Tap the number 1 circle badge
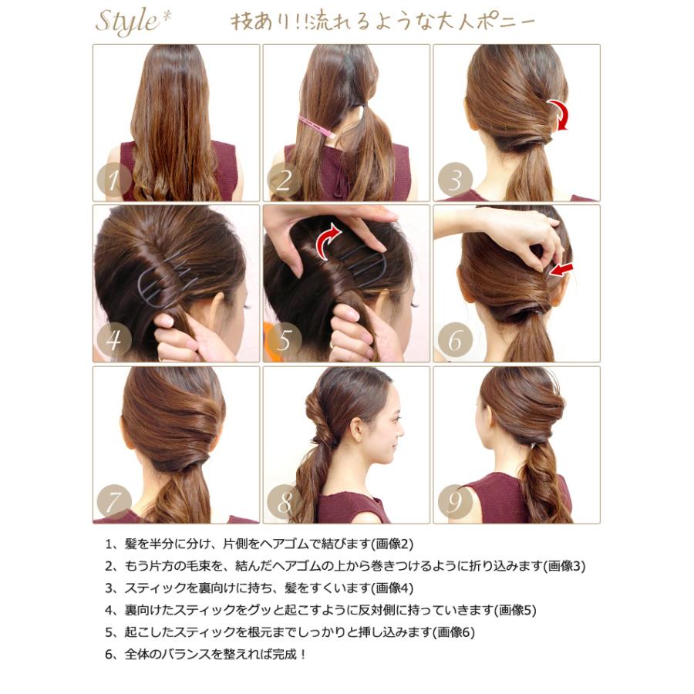pyautogui.click(x=114, y=181)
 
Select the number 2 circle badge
pyautogui.click(x=285, y=181)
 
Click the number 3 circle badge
pyautogui.click(x=455, y=181)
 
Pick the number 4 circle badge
pyautogui.click(x=114, y=342)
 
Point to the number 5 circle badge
pyautogui.click(x=285, y=342)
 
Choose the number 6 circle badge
pyautogui.click(x=455, y=342)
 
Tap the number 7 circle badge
pyautogui.click(x=114, y=504)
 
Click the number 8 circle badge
pyautogui.click(x=285, y=504)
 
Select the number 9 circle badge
pyautogui.click(x=455, y=504)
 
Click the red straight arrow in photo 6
pyautogui.click(x=561, y=270)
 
